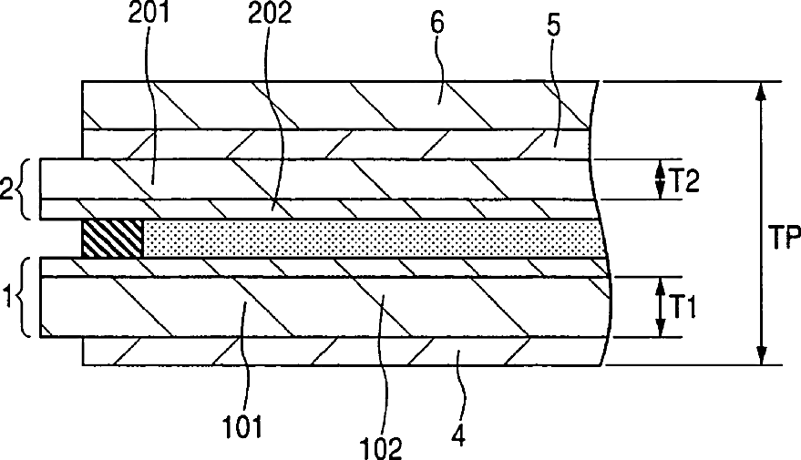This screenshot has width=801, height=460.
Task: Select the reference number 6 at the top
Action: tap(437, 24)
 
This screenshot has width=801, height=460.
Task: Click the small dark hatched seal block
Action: tap(112, 239)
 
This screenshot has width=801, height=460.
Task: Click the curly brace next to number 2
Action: tap(28, 189)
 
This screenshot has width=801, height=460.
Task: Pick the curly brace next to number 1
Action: tap(28, 298)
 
